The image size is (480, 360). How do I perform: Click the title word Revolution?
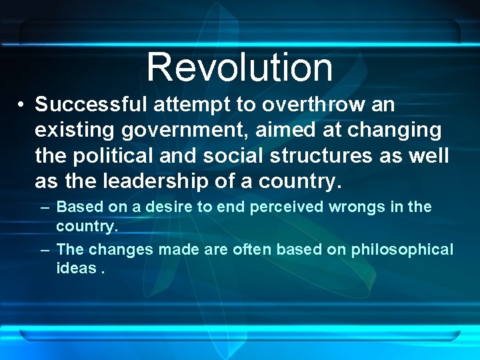(239, 67)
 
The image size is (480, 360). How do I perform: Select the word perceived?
(287, 207)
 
